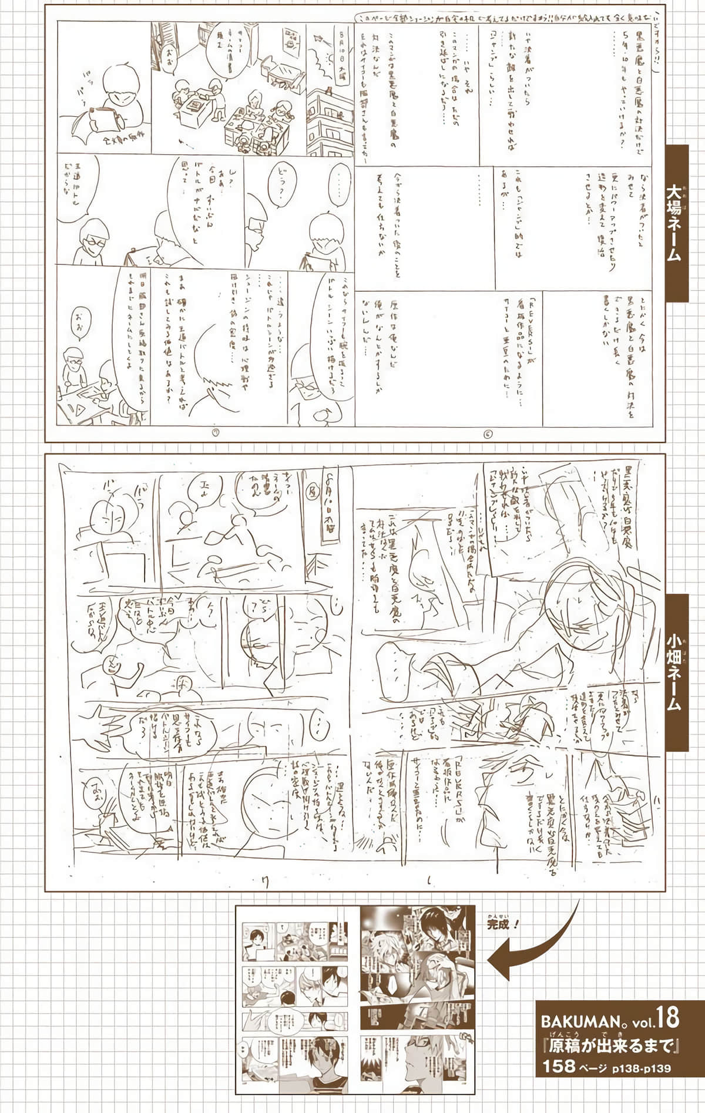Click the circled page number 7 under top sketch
coord(216,434)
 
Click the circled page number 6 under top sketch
coord(488,434)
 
